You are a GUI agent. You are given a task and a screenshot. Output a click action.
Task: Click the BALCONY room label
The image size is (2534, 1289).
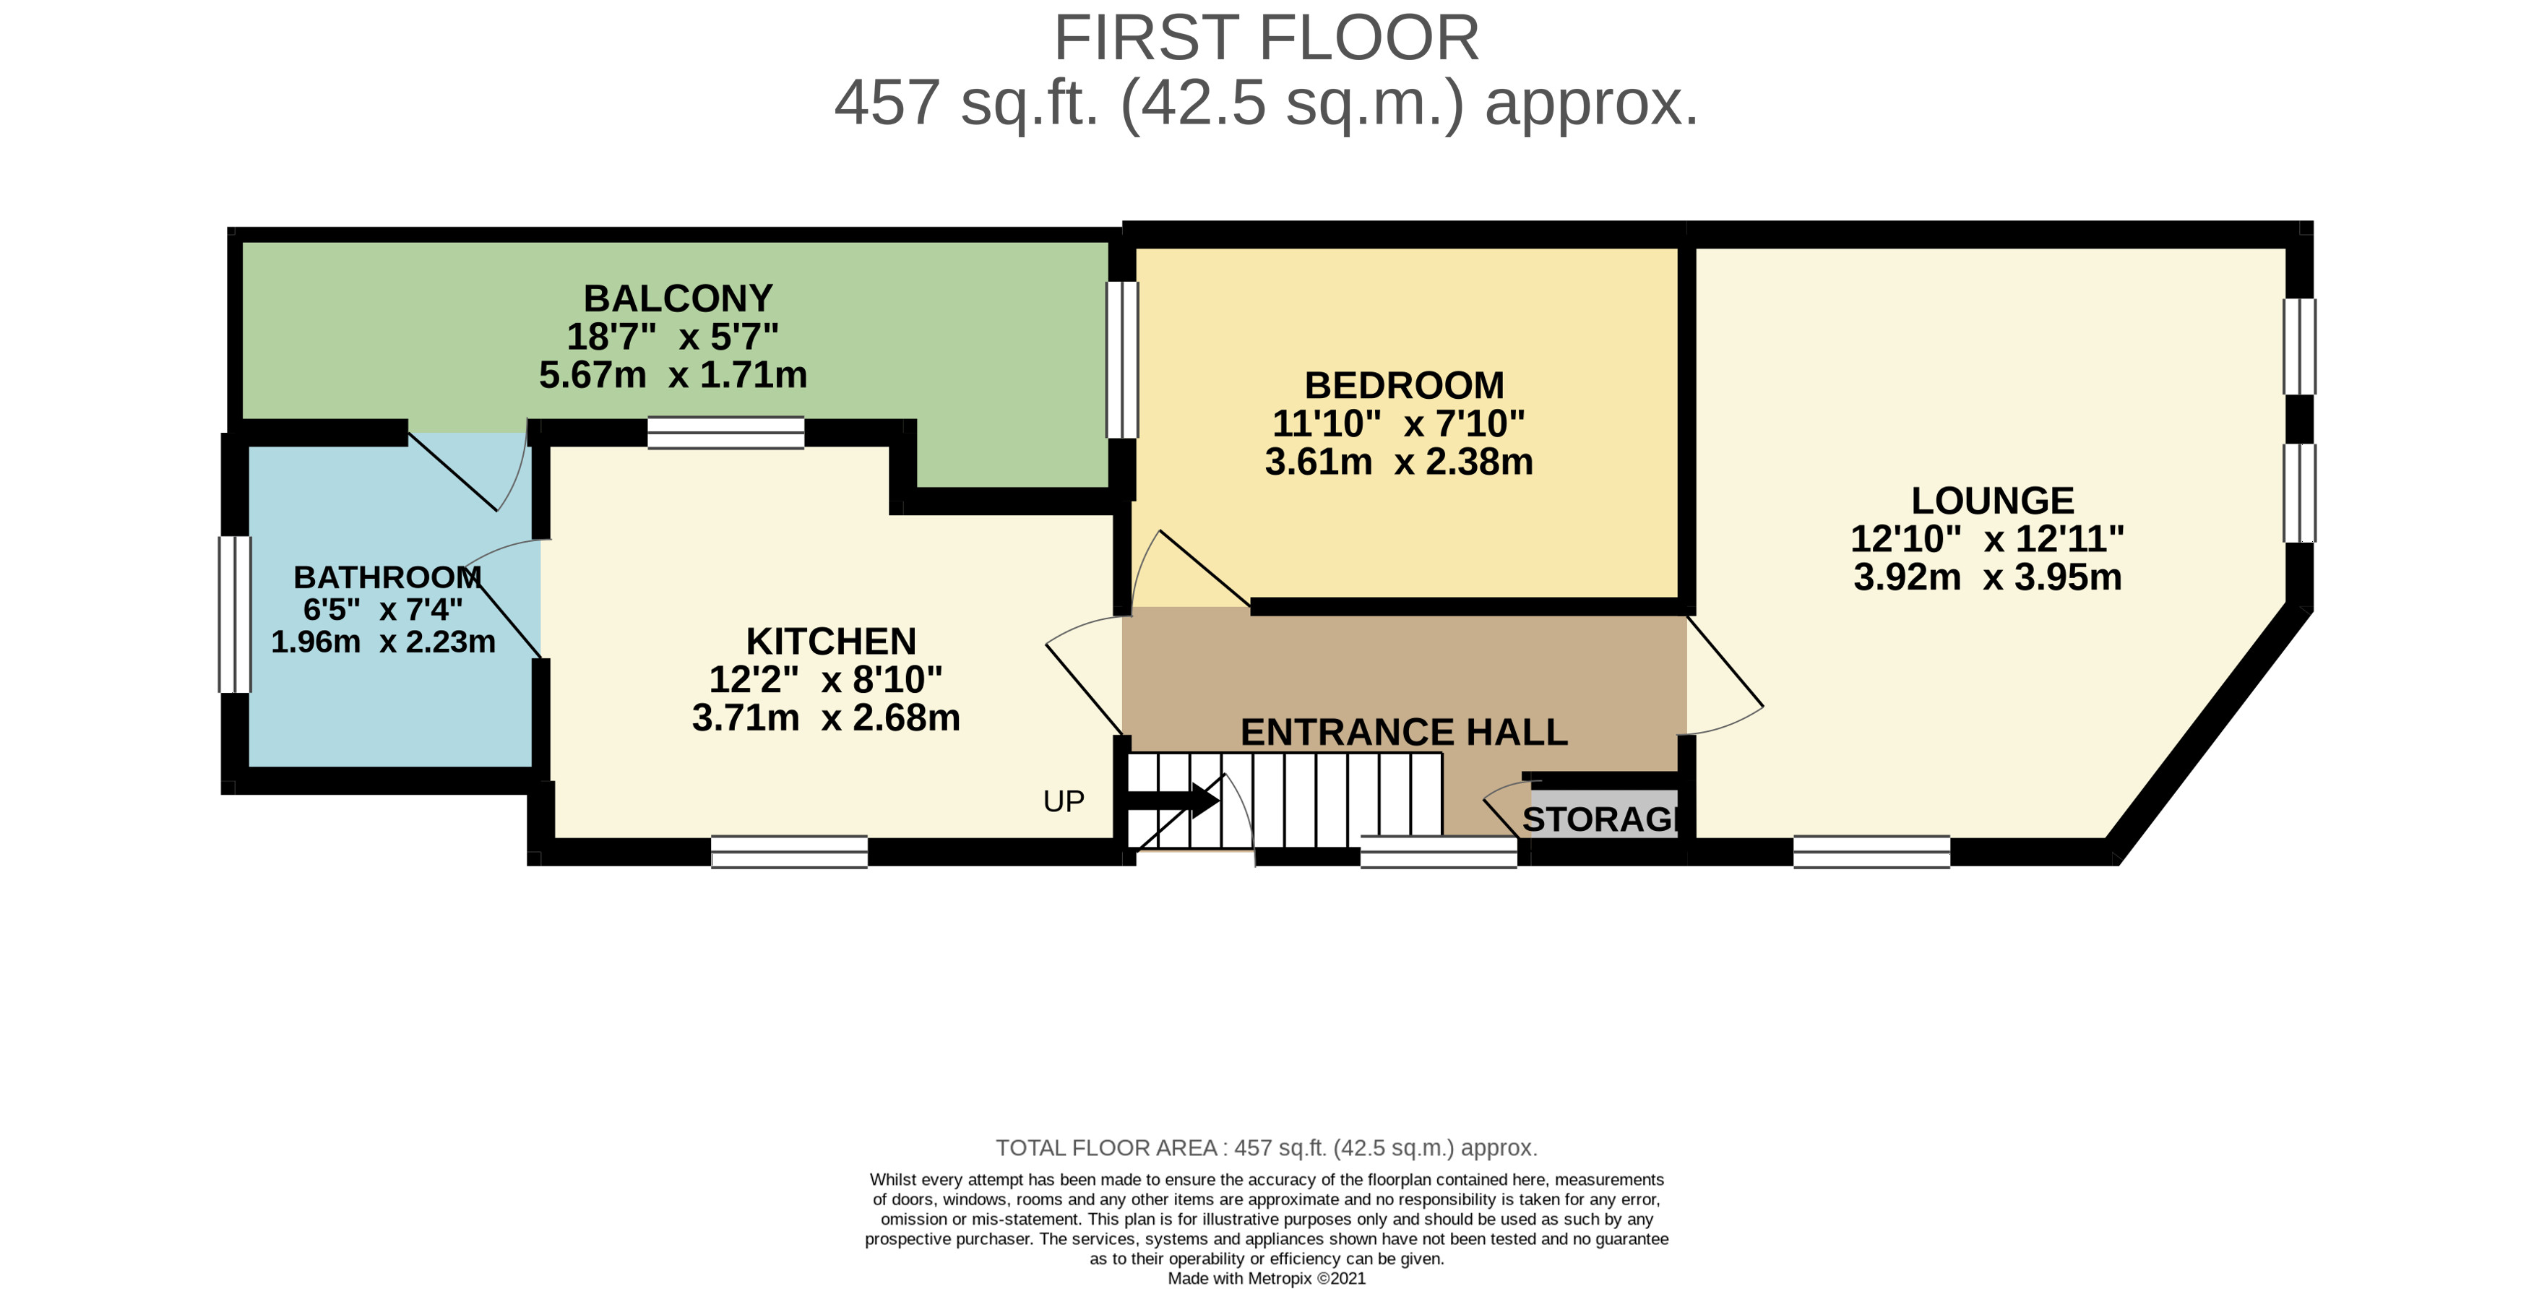(678, 298)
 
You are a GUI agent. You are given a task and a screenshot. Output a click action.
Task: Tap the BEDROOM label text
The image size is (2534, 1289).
(1404, 384)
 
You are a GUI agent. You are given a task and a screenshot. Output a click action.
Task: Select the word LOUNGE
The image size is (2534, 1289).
(1992, 501)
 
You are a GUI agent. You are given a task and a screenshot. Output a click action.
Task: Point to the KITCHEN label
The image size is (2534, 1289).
(830, 642)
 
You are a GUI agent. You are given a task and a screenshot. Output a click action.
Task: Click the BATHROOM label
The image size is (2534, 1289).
(387, 577)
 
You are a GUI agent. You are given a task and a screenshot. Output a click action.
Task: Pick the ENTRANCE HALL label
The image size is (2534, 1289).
(1404, 732)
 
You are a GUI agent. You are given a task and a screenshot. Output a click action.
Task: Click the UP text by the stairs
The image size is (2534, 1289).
(1064, 802)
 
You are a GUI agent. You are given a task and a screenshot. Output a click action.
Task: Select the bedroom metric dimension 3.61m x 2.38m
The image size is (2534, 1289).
(1399, 462)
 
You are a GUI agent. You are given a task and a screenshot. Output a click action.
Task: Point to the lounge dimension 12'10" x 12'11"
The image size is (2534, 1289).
(1987, 538)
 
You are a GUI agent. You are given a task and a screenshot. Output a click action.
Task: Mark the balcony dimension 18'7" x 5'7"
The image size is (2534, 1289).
(673, 337)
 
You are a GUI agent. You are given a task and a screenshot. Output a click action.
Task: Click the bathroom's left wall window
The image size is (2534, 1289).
(235, 615)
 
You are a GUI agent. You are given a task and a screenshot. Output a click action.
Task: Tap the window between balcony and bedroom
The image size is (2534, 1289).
(1122, 360)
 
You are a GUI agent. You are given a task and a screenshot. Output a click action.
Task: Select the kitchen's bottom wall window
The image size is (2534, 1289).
(789, 852)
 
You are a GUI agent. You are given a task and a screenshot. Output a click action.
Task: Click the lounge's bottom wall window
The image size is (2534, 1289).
(1871, 852)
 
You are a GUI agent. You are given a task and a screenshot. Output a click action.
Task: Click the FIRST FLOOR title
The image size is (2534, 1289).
(1266, 38)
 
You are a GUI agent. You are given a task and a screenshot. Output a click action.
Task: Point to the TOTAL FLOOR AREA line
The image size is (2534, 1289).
(1266, 1148)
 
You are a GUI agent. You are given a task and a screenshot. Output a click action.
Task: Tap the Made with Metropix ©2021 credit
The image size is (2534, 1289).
(1266, 1278)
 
